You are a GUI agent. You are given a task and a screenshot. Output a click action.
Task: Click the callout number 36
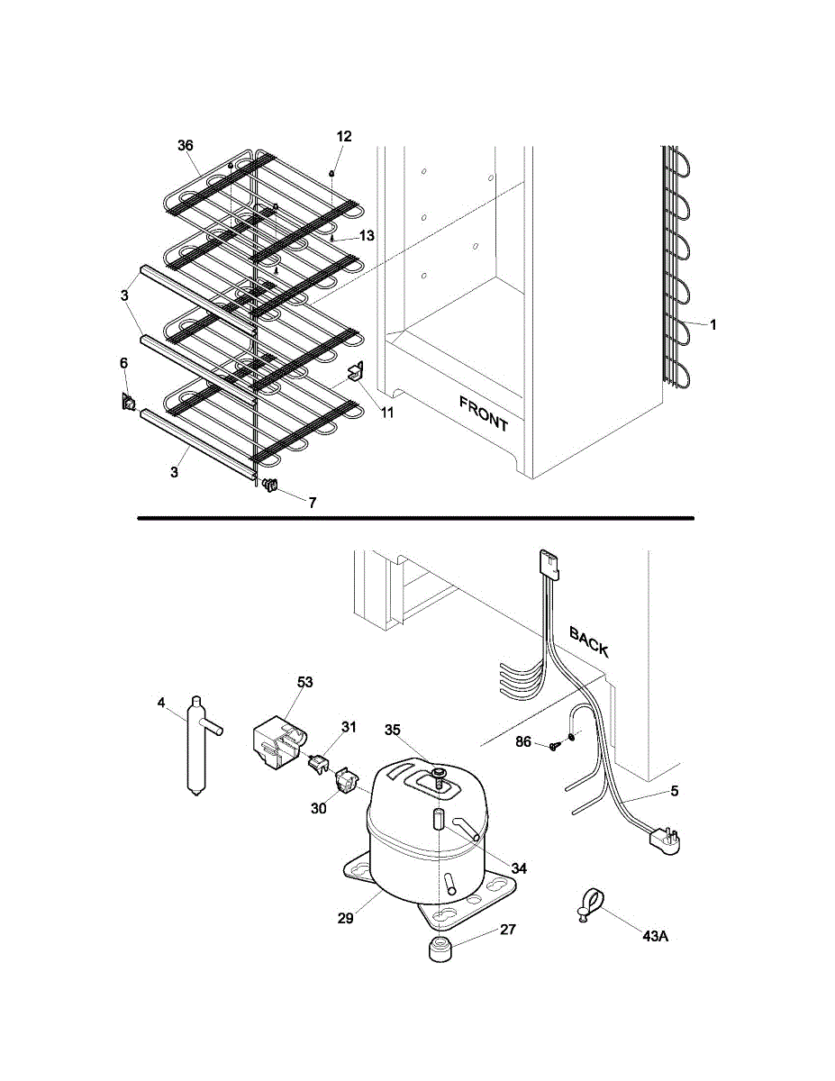pos(185,145)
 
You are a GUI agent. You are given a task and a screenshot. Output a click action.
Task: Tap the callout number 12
pos(344,136)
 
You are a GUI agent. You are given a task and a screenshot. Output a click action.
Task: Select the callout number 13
pos(367,236)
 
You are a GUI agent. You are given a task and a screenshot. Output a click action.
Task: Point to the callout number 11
pos(386,413)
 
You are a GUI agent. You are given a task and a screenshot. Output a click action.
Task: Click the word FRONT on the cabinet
pos(484,413)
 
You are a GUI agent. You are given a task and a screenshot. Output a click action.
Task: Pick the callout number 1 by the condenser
pos(712,325)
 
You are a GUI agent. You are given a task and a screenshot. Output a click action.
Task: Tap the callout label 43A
pos(655,936)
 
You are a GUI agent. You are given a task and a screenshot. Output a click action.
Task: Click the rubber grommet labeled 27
pos(440,949)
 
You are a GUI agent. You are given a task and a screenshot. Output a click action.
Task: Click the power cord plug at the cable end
pos(665,840)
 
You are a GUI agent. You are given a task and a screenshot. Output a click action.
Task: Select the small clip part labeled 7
pos(270,487)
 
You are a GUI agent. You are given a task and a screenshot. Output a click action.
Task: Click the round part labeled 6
pos(129,403)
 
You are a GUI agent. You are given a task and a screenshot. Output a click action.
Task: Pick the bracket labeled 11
pos(356,371)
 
